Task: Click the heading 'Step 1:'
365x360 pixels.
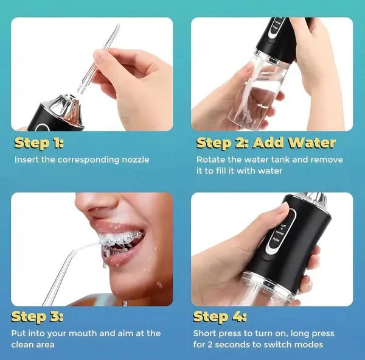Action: (39, 143)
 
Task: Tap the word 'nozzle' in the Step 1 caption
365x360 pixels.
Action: (136, 160)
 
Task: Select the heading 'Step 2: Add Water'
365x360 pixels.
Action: (266, 143)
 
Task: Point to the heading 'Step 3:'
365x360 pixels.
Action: (37, 317)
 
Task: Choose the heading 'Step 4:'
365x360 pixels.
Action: (220, 317)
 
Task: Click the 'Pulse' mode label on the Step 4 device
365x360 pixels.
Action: (276, 239)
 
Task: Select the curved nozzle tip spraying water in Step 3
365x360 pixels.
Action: (74, 253)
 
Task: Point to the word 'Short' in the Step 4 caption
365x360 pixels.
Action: (205, 333)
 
